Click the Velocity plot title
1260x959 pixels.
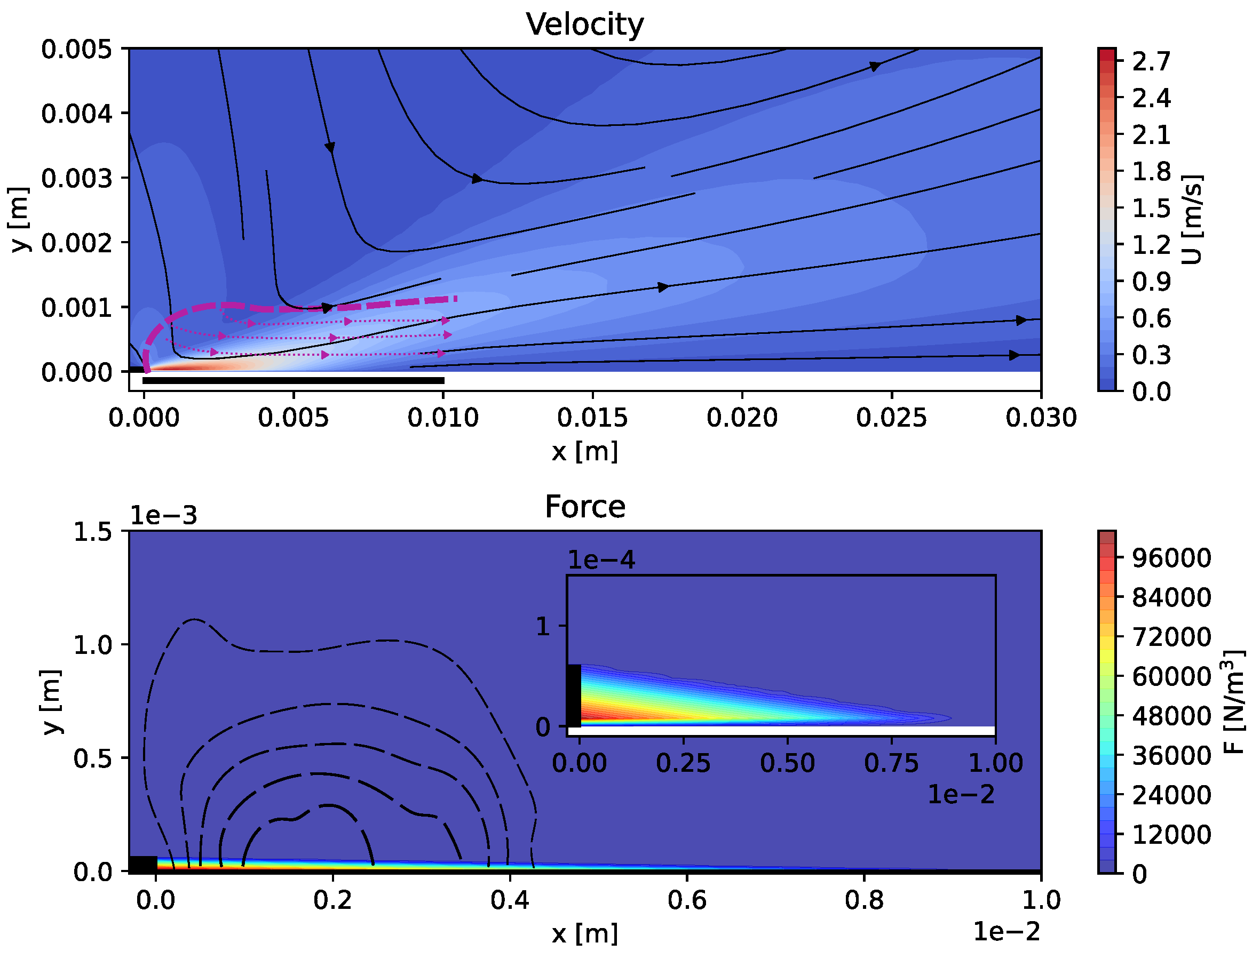pyautogui.click(x=584, y=25)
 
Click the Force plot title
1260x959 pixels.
pyautogui.click(x=584, y=507)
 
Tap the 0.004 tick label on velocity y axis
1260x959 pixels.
pyautogui.click(x=77, y=114)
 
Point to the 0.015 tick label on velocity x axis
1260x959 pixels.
pyautogui.click(x=592, y=418)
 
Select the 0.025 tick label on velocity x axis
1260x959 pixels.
pyautogui.click(x=891, y=418)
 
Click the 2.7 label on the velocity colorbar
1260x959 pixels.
pyautogui.click(x=1151, y=62)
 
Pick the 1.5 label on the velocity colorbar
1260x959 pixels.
pyautogui.click(x=1151, y=209)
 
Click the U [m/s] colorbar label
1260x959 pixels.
pyautogui.click(x=1192, y=220)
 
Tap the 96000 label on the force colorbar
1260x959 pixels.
pyautogui.click(x=1171, y=558)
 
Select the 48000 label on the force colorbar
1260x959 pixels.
pyautogui.click(x=1171, y=716)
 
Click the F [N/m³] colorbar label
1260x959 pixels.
pyautogui.click(x=1234, y=702)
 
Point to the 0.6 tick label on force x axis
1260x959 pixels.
pyautogui.click(x=686, y=901)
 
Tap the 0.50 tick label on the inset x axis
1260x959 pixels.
pyautogui.click(x=787, y=764)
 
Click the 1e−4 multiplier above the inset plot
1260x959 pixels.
pyautogui.click(x=601, y=561)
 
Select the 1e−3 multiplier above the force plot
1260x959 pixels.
pyautogui.click(x=163, y=516)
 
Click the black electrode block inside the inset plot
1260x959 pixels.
pyautogui.click(x=574, y=696)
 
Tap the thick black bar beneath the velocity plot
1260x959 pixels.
pyautogui.click(x=293, y=381)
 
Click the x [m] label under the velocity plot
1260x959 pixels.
pyautogui.click(x=584, y=452)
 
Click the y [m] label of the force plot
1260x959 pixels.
pyautogui.click(x=51, y=701)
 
